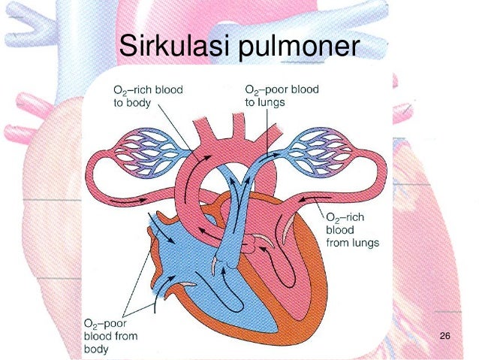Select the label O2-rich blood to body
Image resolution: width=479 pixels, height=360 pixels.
(x=148, y=95)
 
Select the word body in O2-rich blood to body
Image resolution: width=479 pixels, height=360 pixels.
(x=149, y=102)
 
